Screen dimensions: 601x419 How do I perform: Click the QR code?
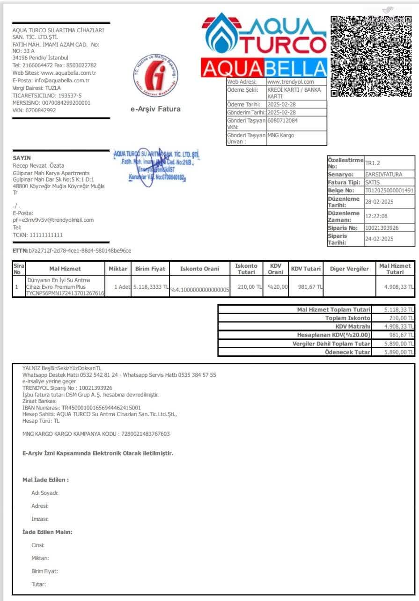(x=371, y=56)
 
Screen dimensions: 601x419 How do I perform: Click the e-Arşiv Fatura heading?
(x=155, y=109)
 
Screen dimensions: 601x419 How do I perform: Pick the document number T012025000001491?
(x=389, y=191)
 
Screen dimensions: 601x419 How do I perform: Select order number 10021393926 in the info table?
(x=382, y=228)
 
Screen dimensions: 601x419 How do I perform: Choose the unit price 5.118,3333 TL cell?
(x=151, y=286)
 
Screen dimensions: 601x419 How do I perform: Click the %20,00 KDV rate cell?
(x=275, y=286)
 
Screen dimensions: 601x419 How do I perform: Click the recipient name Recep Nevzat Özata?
(x=39, y=166)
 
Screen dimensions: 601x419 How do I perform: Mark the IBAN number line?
(x=81, y=408)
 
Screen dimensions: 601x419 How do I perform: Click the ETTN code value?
(x=80, y=251)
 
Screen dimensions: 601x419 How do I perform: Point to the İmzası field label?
(x=40, y=519)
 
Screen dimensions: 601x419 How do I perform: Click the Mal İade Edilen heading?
(x=45, y=480)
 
